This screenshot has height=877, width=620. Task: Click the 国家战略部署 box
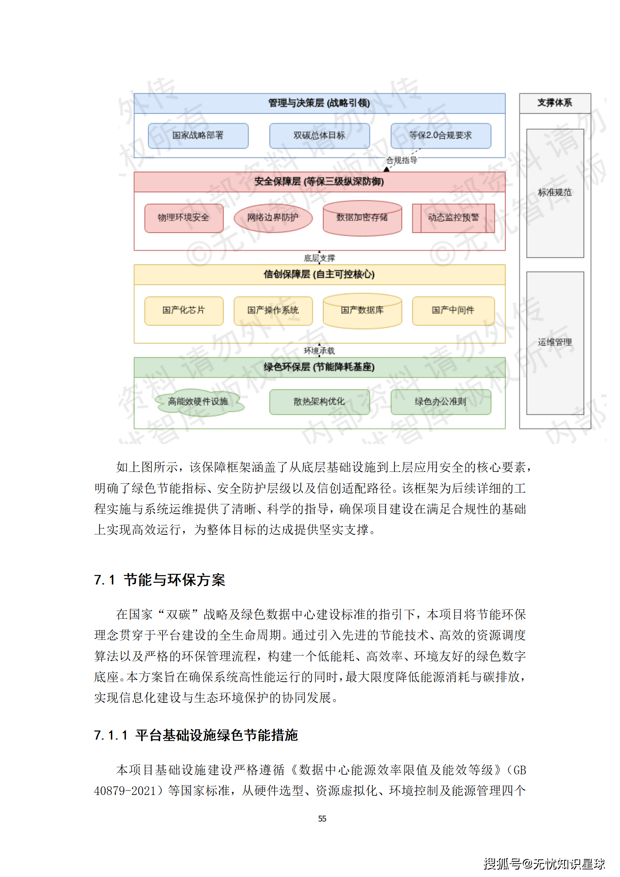198,136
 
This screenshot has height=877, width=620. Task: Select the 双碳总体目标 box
319,136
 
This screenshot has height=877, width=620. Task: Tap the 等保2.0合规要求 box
440,136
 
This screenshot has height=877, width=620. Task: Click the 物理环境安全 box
184,218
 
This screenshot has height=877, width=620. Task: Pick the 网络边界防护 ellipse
273,218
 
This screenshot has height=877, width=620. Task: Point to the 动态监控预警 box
453,218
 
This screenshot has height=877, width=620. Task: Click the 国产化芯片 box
184,311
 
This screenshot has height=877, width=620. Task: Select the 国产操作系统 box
273,311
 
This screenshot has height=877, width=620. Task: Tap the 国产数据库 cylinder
362,311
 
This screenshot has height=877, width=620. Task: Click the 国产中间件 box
453,311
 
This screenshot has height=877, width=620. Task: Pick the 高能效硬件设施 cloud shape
198,402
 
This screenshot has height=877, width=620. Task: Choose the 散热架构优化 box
319,402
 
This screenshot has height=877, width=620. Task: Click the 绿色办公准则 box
440,402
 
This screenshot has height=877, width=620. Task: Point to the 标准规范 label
554,193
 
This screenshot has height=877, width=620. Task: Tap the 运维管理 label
554,343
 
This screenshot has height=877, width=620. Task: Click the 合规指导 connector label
402,160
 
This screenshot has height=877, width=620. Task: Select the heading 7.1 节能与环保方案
159,580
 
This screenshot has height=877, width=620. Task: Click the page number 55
322,818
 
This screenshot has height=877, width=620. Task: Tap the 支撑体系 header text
554,103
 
